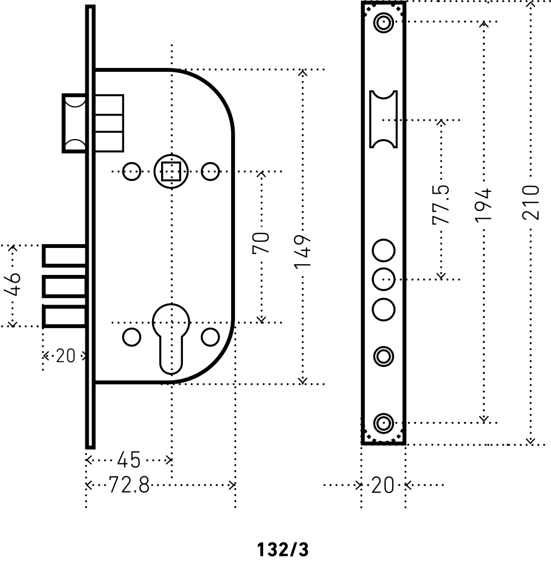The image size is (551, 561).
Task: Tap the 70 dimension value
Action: point(261,242)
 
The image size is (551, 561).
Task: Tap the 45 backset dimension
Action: point(128,461)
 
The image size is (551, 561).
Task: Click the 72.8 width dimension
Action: point(128,485)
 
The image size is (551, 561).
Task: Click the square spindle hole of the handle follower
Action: point(171,171)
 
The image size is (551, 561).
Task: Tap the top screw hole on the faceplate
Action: point(384,22)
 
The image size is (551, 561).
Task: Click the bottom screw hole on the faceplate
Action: point(384,422)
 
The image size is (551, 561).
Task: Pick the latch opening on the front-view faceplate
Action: point(384,119)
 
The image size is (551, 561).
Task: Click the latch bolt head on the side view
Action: point(75,123)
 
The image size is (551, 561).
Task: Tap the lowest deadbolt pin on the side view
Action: point(65,316)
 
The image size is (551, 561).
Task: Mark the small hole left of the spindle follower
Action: point(131,171)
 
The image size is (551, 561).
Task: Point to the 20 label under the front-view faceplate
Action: point(383,485)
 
